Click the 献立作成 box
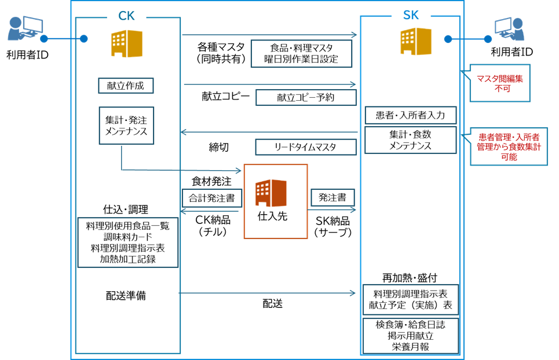pos(126,86)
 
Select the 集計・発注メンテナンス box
pos(126,126)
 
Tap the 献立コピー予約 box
pos(306,97)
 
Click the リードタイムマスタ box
pos(306,147)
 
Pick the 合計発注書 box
pos(211,198)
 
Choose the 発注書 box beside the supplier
pos(333,197)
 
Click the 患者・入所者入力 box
pos(410,115)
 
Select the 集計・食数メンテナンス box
pos(410,139)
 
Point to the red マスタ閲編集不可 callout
pos(499,83)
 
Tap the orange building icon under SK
pos(416,41)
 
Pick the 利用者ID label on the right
pos(511,53)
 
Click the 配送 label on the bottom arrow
pos(273,303)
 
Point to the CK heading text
pos(126,16)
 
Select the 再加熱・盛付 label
pos(410,277)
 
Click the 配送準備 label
pos(126,295)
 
